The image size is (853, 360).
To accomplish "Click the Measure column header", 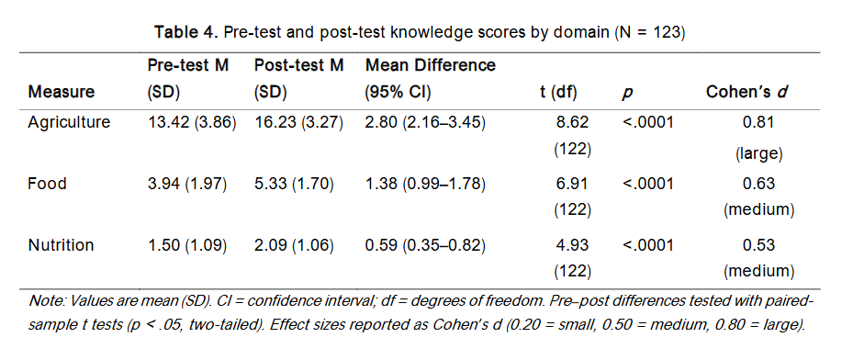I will pos(62,92).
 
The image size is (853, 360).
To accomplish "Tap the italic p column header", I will pos(627,93).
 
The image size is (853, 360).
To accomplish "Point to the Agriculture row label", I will pos(69,122).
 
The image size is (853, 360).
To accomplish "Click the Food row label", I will pos(47,184).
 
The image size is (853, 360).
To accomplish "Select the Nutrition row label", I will pos(62,245).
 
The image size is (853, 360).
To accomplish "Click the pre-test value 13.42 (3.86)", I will pos(192,122).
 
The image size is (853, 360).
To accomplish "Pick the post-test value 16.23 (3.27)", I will pos(297,122).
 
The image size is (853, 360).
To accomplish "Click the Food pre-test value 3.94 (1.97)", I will pos(187,184).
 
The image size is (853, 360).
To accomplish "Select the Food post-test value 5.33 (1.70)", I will pos(293,184).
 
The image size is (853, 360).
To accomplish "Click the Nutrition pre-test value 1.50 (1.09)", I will pos(187,245).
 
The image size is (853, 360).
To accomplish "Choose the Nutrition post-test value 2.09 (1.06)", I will pos(293,245).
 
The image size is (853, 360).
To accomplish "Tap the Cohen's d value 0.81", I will pos(758,122).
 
